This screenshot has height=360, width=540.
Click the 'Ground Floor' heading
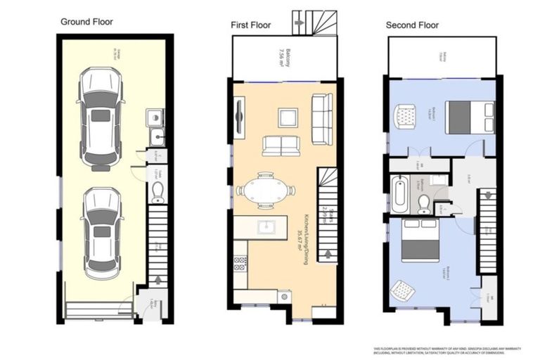coord(86,22)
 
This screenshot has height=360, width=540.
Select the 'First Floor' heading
coord(251,25)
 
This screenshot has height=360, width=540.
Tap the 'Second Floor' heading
coord(412,25)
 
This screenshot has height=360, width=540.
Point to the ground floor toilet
coord(158,192)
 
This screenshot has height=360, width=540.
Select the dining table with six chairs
coord(265,190)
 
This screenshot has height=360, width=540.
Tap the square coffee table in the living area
coord(288,117)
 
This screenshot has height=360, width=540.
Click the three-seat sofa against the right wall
coord(322,119)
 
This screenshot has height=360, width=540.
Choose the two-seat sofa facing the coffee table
coord(281,146)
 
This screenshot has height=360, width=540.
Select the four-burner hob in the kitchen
coord(240,264)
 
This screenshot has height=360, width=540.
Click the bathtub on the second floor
coord(399,194)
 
